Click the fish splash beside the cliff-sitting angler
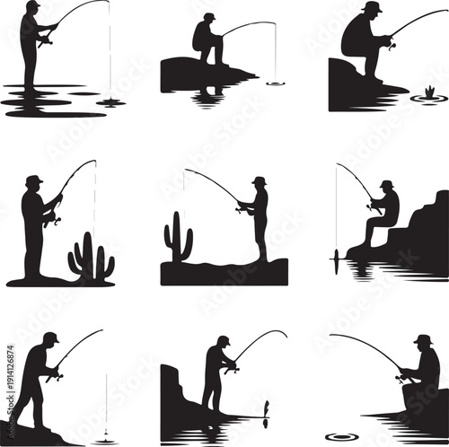(428, 93)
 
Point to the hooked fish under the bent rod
(265, 411)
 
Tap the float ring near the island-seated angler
(275, 83)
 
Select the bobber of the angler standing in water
(110, 101)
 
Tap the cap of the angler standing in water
(33, 5)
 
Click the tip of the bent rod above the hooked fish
(286, 336)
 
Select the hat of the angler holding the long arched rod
(422, 339)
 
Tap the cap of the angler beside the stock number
(51, 337)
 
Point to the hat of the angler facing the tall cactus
(259, 180)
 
